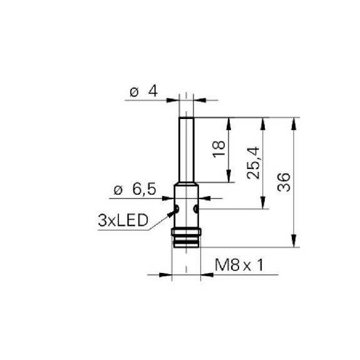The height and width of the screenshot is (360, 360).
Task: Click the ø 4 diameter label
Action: (144, 91)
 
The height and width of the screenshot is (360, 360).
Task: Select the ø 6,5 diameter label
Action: (135, 190)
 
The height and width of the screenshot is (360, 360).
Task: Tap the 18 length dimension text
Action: (219, 148)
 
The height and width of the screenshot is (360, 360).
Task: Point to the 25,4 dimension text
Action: (253, 163)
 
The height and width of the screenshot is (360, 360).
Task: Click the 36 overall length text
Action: (284, 182)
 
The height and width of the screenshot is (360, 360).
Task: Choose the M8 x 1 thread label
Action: (239, 265)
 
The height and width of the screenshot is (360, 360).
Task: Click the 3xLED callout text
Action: (123, 220)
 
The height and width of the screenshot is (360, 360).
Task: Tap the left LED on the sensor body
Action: (177, 208)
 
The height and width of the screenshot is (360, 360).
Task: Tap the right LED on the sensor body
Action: (196, 208)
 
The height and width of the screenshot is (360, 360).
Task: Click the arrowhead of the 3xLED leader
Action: (171, 214)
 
